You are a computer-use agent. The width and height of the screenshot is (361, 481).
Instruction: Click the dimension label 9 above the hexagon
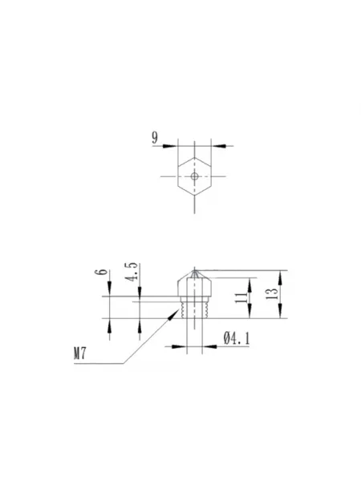click(x=155, y=138)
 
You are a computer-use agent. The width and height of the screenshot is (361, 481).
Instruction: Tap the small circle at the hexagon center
click(x=194, y=176)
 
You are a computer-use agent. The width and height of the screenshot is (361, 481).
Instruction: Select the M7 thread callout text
click(x=79, y=353)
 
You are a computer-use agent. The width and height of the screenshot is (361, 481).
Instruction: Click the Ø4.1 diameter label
click(x=237, y=338)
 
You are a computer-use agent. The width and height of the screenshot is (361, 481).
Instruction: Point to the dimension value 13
click(x=274, y=294)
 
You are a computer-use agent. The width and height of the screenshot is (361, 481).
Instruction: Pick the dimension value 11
click(x=241, y=298)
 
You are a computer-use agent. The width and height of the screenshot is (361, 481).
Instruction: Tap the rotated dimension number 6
click(x=101, y=272)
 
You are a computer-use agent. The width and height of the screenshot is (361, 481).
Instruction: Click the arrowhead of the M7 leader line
click(x=174, y=315)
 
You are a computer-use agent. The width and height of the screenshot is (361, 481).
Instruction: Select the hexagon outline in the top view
click(x=178, y=176)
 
